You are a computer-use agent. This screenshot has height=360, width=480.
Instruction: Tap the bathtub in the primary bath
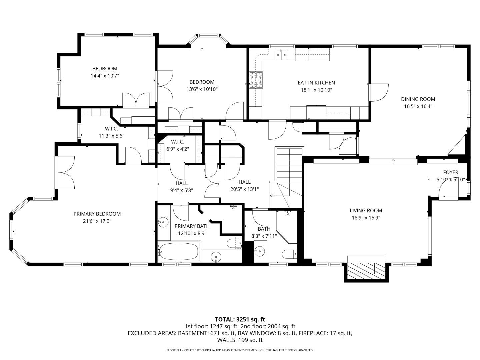click(179, 252)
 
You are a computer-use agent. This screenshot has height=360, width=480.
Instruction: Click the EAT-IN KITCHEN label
click(316, 83)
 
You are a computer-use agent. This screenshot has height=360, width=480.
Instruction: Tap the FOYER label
click(450, 172)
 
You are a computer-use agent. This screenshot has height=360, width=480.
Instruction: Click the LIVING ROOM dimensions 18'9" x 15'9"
click(366, 218)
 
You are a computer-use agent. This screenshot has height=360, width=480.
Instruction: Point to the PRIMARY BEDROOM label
click(97, 214)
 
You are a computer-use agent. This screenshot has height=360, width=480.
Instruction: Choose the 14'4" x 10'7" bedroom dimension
click(105, 76)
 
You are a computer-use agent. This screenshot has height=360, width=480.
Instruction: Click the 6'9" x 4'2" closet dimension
click(177, 149)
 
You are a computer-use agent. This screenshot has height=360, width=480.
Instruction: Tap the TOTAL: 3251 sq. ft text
click(240, 319)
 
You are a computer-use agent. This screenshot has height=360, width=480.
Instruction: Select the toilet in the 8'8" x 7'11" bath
click(289, 254)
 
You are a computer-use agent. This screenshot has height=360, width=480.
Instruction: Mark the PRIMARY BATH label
click(192, 226)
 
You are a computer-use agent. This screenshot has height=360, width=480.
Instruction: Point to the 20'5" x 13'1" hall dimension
click(244, 189)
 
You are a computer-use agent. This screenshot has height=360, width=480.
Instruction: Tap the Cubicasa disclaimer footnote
click(240, 350)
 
